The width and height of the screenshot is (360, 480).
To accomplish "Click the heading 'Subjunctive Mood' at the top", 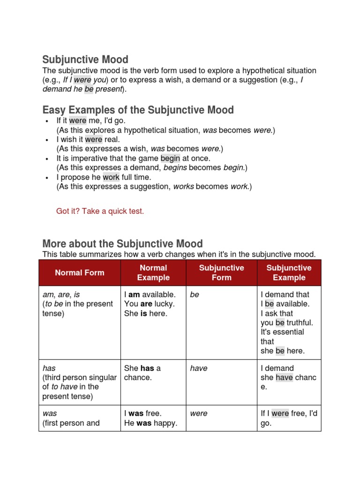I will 85,60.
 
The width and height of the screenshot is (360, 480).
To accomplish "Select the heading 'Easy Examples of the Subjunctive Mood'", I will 138,110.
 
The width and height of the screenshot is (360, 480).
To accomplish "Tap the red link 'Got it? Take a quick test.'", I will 100,211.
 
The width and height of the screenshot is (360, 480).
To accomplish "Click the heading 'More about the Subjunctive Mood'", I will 122,244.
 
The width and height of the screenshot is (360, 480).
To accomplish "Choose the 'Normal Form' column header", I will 80,272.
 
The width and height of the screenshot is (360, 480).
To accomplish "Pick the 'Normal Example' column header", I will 153,272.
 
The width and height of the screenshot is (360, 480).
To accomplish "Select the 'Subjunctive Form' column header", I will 222,272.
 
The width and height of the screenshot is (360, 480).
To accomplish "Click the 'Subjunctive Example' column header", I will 289,272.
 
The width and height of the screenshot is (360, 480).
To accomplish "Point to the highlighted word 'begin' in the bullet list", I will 170,158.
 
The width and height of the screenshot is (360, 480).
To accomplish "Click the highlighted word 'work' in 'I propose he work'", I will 111,177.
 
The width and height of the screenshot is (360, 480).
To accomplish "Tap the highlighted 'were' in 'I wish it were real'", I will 93,140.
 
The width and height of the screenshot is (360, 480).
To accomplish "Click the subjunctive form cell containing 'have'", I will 199,368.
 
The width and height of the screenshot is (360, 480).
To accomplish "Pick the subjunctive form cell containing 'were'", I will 199,414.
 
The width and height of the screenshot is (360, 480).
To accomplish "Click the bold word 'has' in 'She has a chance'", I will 147,368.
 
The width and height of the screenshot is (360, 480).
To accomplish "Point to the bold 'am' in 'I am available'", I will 134,295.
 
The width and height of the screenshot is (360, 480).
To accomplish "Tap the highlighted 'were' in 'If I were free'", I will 280,414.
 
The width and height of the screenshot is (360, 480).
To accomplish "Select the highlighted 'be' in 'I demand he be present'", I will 89,89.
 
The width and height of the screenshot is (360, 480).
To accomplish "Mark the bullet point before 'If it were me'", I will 47,121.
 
